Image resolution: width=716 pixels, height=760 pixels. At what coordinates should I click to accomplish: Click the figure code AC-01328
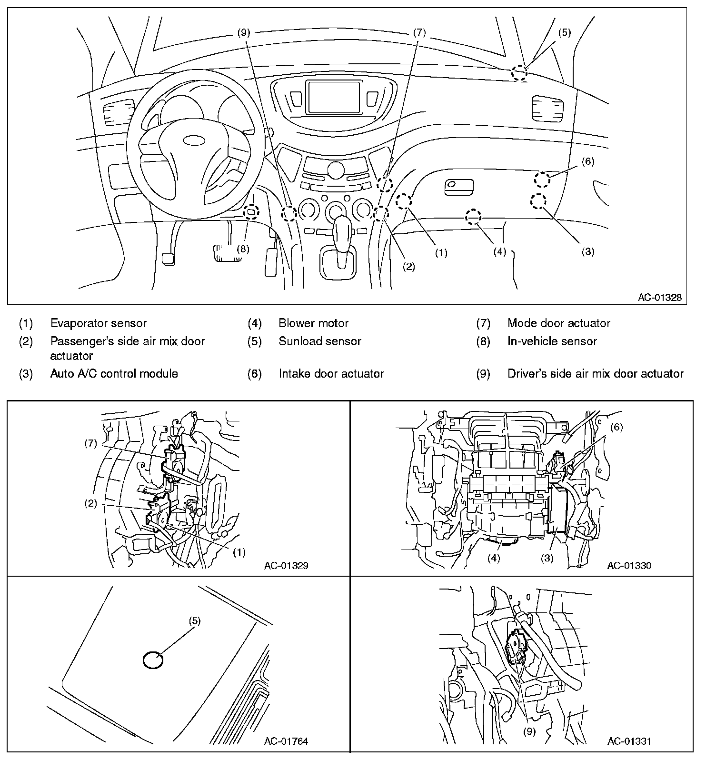[660, 298]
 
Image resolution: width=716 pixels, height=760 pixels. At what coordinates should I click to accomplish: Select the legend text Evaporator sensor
[99, 323]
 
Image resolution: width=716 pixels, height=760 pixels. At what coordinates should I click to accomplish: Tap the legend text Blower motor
[314, 323]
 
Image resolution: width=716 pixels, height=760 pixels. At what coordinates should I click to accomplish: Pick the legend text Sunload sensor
[320, 341]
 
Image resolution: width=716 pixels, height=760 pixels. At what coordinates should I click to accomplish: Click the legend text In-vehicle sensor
[552, 341]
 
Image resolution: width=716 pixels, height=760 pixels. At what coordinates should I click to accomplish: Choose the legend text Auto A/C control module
[114, 373]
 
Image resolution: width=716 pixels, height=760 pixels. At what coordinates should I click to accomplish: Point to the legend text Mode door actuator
[559, 323]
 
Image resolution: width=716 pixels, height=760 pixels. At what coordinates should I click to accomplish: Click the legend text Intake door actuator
[331, 373]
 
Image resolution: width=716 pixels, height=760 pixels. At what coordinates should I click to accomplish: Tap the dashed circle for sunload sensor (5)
[520, 73]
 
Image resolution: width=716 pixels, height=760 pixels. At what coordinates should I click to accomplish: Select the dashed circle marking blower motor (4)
[473, 217]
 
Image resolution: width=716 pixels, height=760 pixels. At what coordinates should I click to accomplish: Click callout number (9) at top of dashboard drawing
[243, 32]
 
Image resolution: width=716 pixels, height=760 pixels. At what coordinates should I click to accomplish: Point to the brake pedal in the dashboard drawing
[229, 252]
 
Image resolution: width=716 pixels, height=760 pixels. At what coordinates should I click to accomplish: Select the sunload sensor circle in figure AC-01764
[153, 661]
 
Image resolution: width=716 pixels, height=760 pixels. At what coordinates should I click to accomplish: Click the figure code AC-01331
[629, 741]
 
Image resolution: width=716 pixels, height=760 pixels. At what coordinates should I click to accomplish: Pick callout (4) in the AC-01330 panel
[494, 559]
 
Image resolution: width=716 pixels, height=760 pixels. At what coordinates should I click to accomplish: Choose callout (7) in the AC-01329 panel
[90, 444]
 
